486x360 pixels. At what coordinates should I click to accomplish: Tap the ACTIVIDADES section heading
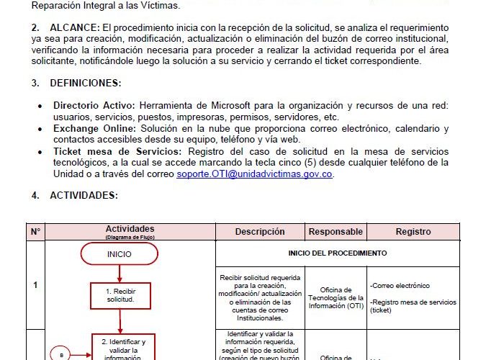tap(84, 195)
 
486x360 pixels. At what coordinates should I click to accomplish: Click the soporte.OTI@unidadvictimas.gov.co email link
tap(255, 174)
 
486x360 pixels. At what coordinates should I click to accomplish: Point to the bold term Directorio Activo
tap(94, 106)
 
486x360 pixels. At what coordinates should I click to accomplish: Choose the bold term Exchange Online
tap(93, 129)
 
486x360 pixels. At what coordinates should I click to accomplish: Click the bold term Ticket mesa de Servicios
tap(118, 151)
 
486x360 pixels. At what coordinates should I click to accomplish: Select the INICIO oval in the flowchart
tap(120, 253)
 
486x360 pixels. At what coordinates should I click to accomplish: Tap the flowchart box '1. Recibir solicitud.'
tap(120, 295)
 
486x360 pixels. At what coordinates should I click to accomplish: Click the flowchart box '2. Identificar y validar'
tap(123, 346)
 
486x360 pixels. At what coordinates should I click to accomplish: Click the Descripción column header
tap(260, 232)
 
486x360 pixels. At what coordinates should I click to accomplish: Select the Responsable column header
tap(336, 232)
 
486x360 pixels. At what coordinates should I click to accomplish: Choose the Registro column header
tap(413, 232)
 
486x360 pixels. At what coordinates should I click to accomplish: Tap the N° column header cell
tap(35, 232)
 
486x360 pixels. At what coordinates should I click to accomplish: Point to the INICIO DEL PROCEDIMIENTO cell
tap(337, 253)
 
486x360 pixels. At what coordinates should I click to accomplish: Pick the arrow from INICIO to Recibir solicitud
tap(120, 274)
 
